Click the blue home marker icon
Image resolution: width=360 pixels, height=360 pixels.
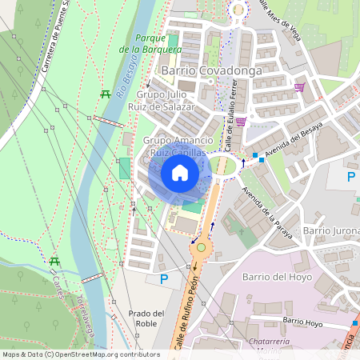(x=180, y=173)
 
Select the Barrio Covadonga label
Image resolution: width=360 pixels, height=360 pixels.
(x=200, y=70)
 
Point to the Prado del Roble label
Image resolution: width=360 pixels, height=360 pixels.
(x=146, y=318)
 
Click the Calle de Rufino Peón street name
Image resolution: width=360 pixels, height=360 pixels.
(x=190, y=312)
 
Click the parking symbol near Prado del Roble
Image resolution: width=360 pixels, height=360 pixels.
(x=164, y=279)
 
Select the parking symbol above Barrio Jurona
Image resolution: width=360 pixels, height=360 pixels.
(x=350, y=177)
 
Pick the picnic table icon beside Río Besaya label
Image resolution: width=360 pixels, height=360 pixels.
(x=106, y=95)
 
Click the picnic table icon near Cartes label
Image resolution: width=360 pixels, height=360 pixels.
(x=55, y=262)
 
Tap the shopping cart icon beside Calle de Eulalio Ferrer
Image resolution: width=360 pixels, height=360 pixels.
(x=240, y=122)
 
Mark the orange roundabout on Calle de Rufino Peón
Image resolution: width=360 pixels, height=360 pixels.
(x=201, y=247)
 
